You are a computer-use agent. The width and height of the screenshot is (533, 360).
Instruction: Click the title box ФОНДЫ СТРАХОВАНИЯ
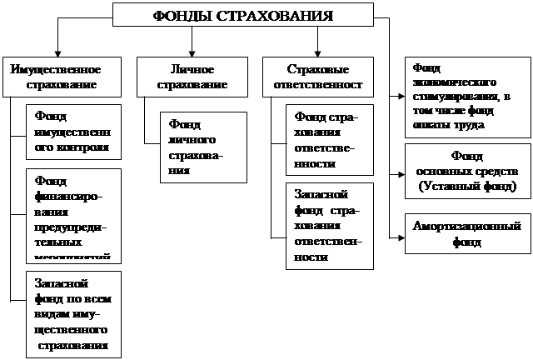coord(243,15)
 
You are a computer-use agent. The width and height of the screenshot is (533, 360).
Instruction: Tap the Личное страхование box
coord(192,76)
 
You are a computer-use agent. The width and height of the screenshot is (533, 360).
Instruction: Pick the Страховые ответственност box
coord(318,76)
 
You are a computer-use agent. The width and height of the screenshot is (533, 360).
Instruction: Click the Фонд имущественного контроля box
coord(73,132)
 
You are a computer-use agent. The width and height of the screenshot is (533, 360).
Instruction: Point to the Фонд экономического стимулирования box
coord(466,96)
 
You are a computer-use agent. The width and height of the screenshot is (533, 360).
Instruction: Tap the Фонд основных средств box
coord(466,172)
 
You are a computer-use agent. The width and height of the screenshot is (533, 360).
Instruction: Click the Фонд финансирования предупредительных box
coord(73,215)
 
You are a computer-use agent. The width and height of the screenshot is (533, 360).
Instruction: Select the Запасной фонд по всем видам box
coord(73,313)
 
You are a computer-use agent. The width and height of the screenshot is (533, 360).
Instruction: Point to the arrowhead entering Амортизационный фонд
coord(400,236)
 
